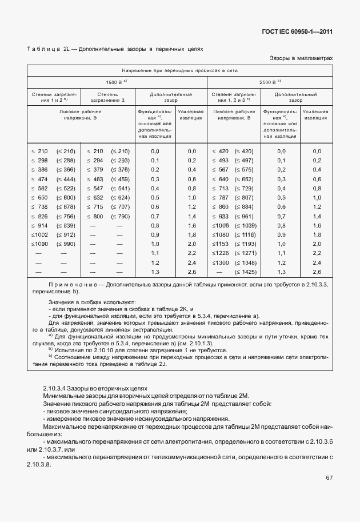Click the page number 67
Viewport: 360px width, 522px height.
click(329, 477)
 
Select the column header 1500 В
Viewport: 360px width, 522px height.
click(116, 82)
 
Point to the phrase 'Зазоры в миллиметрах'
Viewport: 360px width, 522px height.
click(301, 58)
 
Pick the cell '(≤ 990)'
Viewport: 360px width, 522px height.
click(66, 244)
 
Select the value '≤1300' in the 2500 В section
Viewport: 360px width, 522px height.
click(221, 262)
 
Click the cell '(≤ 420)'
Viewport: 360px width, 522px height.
click(242, 151)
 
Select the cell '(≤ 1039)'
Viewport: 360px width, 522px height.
click(242, 226)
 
